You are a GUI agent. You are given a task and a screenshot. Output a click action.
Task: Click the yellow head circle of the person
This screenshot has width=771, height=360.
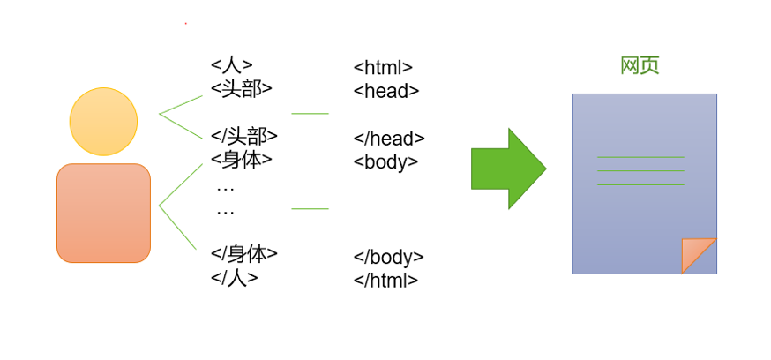pos(103,121)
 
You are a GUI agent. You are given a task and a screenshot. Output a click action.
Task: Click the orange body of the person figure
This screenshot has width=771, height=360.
pos(103,213)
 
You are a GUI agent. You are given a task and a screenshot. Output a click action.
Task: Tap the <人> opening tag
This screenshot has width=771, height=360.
pos(232,65)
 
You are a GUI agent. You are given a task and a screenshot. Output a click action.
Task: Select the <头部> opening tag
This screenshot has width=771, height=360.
pos(242,88)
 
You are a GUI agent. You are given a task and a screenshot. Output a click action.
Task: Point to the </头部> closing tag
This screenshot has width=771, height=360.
pos(244,136)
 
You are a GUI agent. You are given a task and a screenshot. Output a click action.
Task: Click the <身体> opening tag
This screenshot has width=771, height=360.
pos(242,160)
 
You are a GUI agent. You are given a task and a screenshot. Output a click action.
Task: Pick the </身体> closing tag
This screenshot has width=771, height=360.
pos(244,254)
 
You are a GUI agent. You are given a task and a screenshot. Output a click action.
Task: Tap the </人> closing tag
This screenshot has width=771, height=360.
pos(235,277)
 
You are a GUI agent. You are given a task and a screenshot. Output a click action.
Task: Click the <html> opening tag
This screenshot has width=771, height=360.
pos(383,68)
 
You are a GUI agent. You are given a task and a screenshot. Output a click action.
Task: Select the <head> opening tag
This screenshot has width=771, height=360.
pos(386,91)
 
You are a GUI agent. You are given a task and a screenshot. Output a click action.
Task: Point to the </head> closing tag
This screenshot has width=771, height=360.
pos(389,139)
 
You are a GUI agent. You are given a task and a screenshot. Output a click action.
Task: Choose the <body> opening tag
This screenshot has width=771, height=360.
pos(385,162)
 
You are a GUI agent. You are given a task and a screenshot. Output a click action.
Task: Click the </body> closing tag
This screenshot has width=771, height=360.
pos(389,258)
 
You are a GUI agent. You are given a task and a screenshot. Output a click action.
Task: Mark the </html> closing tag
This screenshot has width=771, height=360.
pos(385,281)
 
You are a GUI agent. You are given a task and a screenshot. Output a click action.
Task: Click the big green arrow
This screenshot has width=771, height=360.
pos(508,169)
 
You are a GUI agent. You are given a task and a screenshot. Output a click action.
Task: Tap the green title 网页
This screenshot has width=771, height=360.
pos(640,66)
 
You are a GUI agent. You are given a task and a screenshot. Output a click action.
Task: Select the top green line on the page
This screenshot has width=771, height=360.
pos(640,157)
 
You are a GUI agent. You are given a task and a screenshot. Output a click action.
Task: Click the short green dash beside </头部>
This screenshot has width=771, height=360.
pos(310,114)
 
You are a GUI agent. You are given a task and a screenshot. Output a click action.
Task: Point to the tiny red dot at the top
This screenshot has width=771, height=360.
pos(185,24)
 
